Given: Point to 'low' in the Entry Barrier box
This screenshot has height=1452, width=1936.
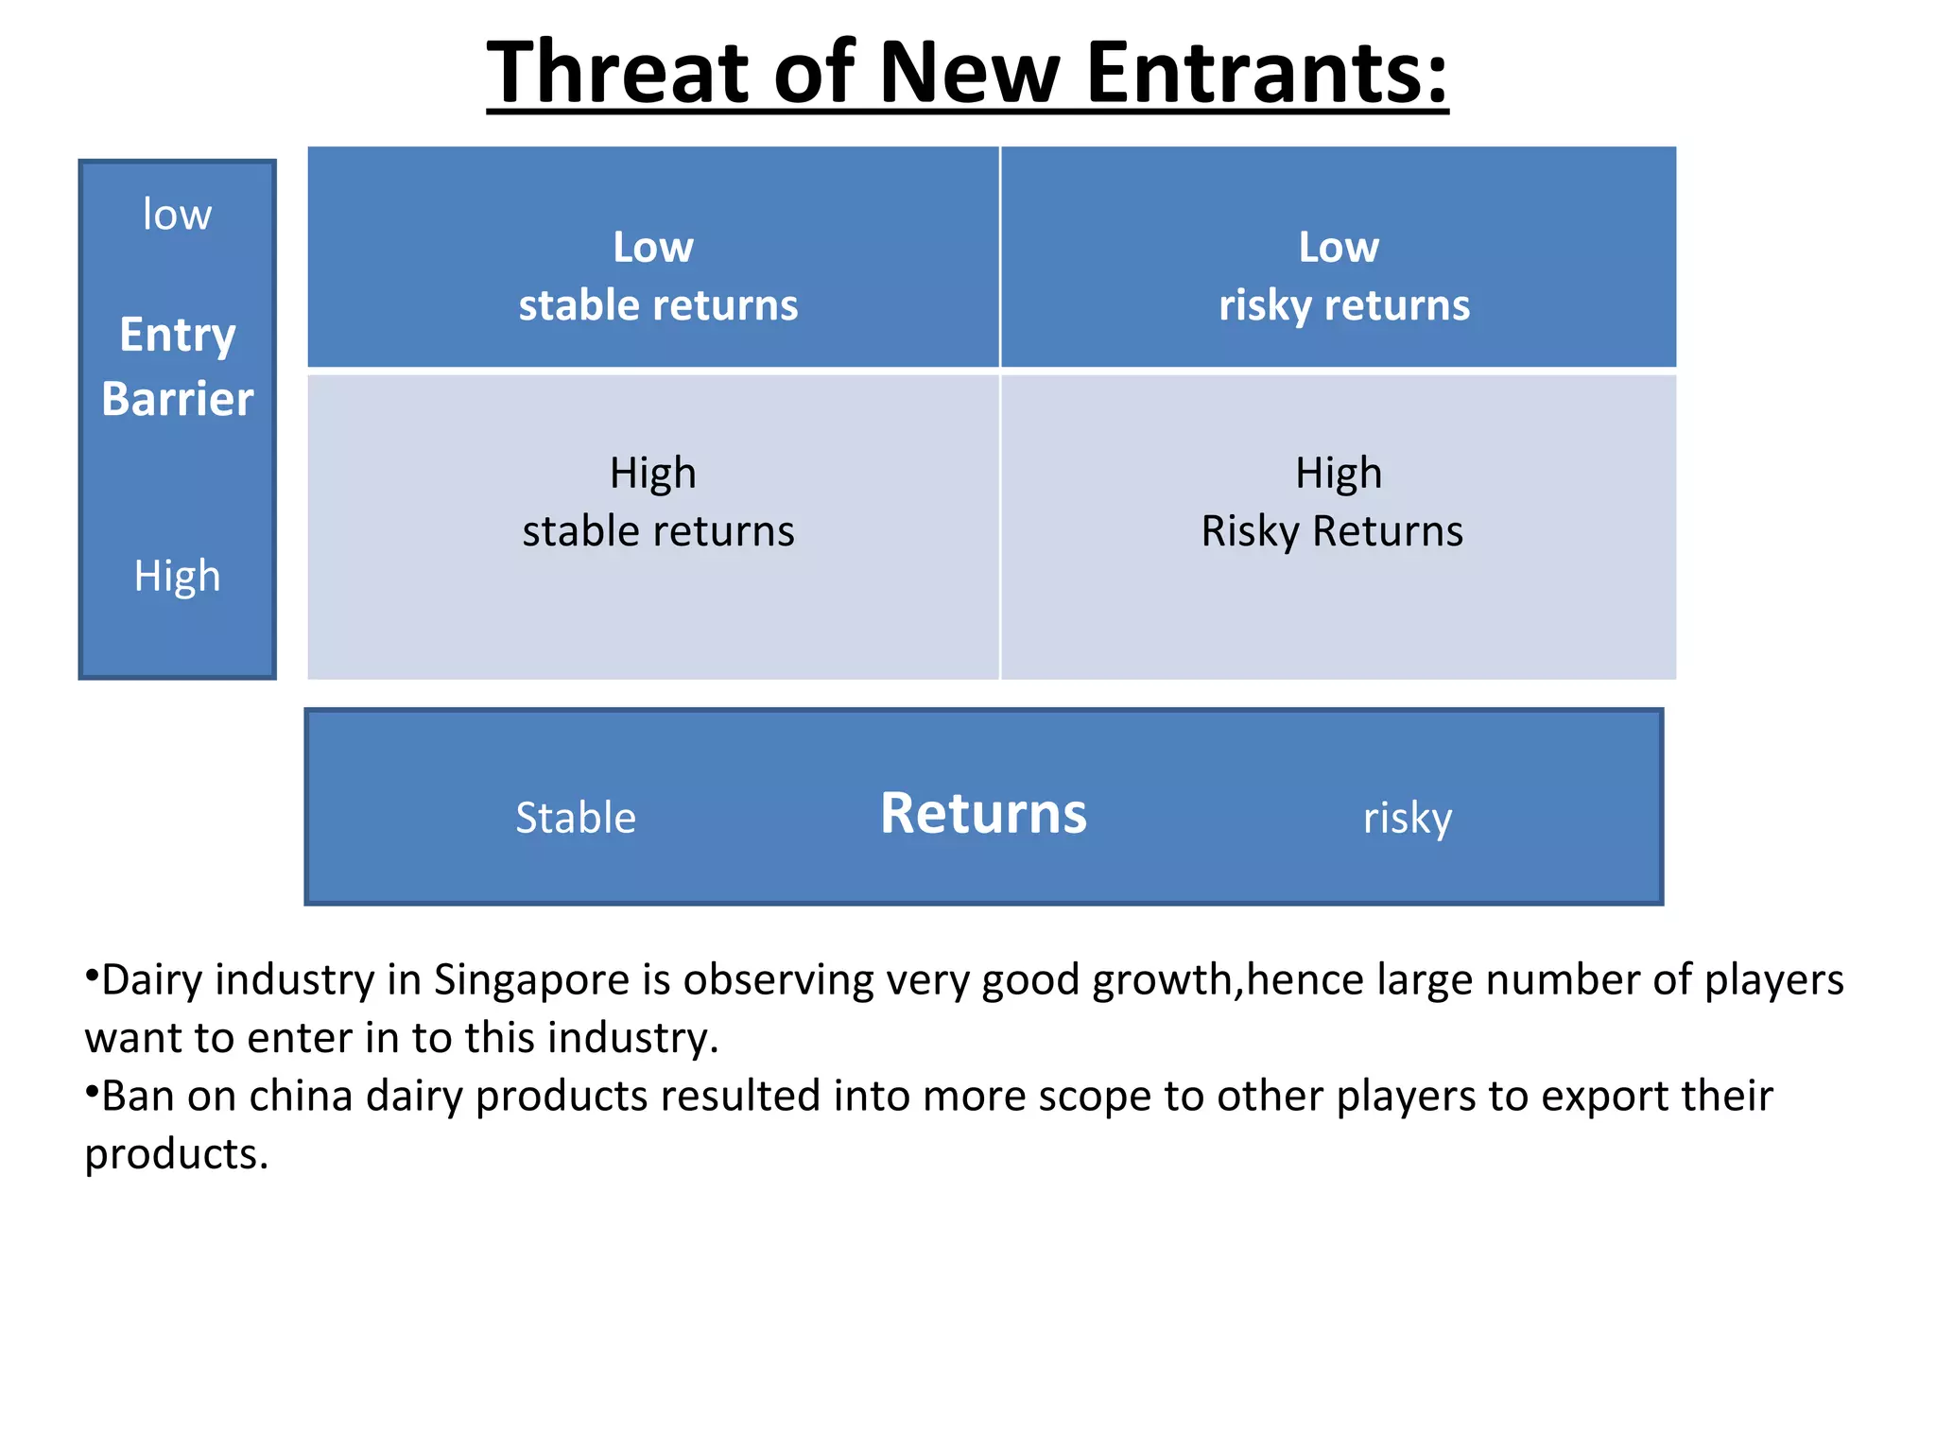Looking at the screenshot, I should click(x=177, y=215).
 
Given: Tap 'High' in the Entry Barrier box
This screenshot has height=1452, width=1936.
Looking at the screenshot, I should click(x=177, y=576).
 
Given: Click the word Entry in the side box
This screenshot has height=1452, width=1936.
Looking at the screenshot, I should click(x=178, y=336).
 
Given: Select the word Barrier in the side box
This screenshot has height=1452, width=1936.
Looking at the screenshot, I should click(x=178, y=399).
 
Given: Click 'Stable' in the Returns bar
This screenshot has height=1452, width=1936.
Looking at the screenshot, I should click(x=576, y=818).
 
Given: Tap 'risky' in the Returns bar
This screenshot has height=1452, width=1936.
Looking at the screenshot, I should click(x=1407, y=819).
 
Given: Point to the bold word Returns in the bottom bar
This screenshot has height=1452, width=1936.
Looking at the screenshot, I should click(x=983, y=813).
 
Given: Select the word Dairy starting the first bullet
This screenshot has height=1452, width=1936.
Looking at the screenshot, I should click(x=151, y=980).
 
